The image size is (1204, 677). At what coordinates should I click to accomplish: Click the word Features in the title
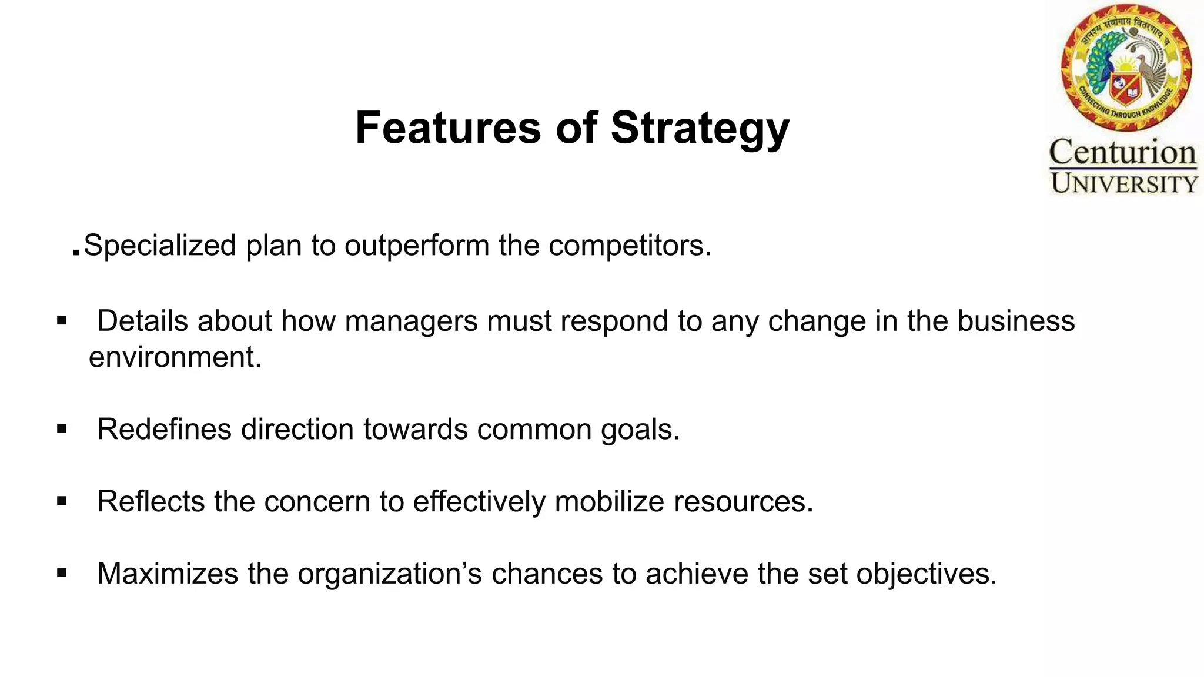[x=448, y=128]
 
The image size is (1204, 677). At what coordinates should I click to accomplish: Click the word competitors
[x=630, y=246]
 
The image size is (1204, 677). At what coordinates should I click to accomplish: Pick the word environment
[x=175, y=357]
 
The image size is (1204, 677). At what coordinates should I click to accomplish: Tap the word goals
[x=640, y=430]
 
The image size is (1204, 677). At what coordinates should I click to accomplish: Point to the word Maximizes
[x=168, y=574]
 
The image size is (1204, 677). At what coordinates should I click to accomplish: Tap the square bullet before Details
[x=62, y=321]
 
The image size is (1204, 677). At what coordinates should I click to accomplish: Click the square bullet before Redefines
[x=62, y=429]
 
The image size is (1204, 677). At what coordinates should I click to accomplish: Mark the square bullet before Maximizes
[x=62, y=573]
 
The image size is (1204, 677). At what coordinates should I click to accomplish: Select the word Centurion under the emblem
[x=1123, y=153]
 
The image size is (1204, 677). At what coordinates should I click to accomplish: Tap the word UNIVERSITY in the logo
[x=1124, y=184]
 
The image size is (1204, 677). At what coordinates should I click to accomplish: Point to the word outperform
[x=417, y=246]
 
